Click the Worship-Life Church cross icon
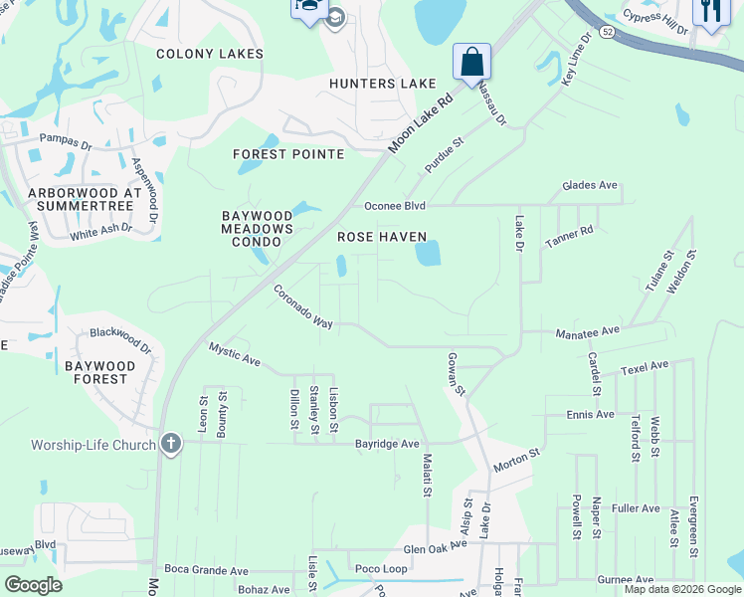pyautogui.click(x=171, y=444)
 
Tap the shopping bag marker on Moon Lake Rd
pyautogui.click(x=471, y=61)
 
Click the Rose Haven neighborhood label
pyautogui.click(x=382, y=237)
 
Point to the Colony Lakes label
pyautogui.click(x=210, y=54)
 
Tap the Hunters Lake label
pyautogui.click(x=383, y=84)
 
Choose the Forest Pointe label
pyautogui.click(x=288, y=154)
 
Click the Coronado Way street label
pyautogui.click(x=303, y=306)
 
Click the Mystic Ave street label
pyautogui.click(x=234, y=354)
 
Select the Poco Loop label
pyautogui.click(x=381, y=569)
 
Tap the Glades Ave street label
pyautogui.click(x=590, y=185)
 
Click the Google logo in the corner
pyautogui.click(x=33, y=585)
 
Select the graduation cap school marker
pyautogui.click(x=335, y=18)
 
